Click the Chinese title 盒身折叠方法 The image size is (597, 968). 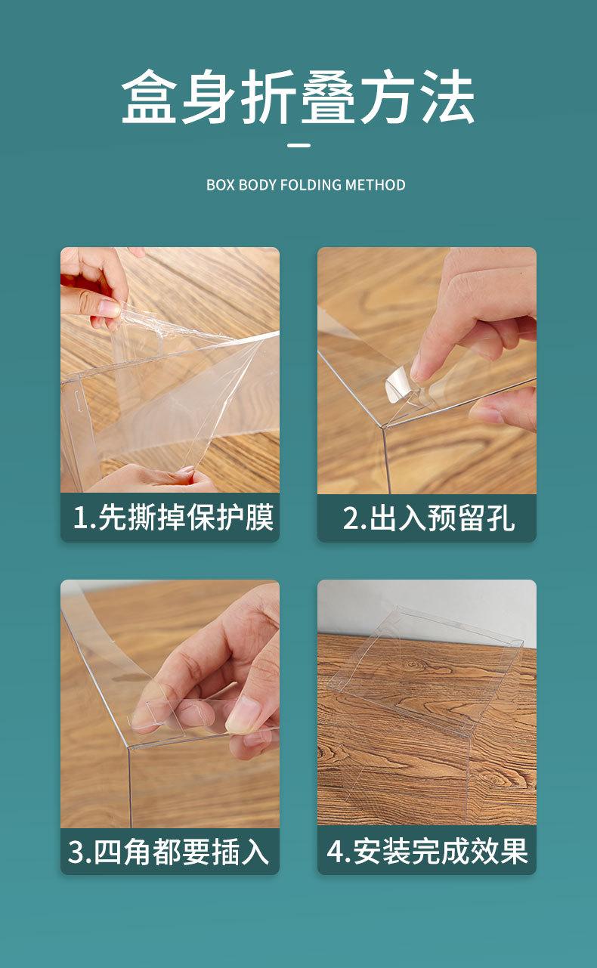[x=298, y=97]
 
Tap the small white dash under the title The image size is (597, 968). [x=298, y=145]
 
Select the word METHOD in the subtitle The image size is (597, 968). [x=376, y=185]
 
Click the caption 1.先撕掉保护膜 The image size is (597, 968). [x=173, y=517]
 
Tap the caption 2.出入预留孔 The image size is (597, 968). [x=428, y=518]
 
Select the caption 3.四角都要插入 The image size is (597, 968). [x=169, y=852]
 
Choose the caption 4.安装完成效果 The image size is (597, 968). [x=427, y=852]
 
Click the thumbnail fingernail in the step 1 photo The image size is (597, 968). [x=109, y=308]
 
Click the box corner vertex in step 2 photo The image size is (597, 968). [x=383, y=427]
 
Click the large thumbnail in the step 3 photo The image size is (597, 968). [x=242, y=713]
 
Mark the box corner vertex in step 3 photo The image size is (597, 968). [x=128, y=747]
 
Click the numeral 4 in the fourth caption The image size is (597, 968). [x=335, y=852]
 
